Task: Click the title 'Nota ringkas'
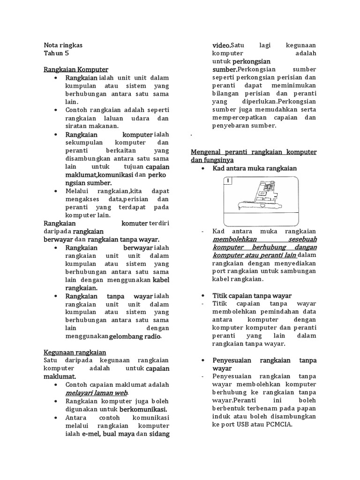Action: (x=63, y=45)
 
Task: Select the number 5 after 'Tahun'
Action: (x=67, y=53)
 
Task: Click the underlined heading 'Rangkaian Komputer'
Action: (x=76, y=69)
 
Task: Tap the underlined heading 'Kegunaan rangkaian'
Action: (x=75, y=352)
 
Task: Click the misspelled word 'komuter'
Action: (x=135, y=223)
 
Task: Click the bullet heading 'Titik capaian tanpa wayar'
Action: (x=252, y=296)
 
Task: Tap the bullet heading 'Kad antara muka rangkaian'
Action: (x=255, y=168)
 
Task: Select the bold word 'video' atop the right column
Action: (x=221, y=45)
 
